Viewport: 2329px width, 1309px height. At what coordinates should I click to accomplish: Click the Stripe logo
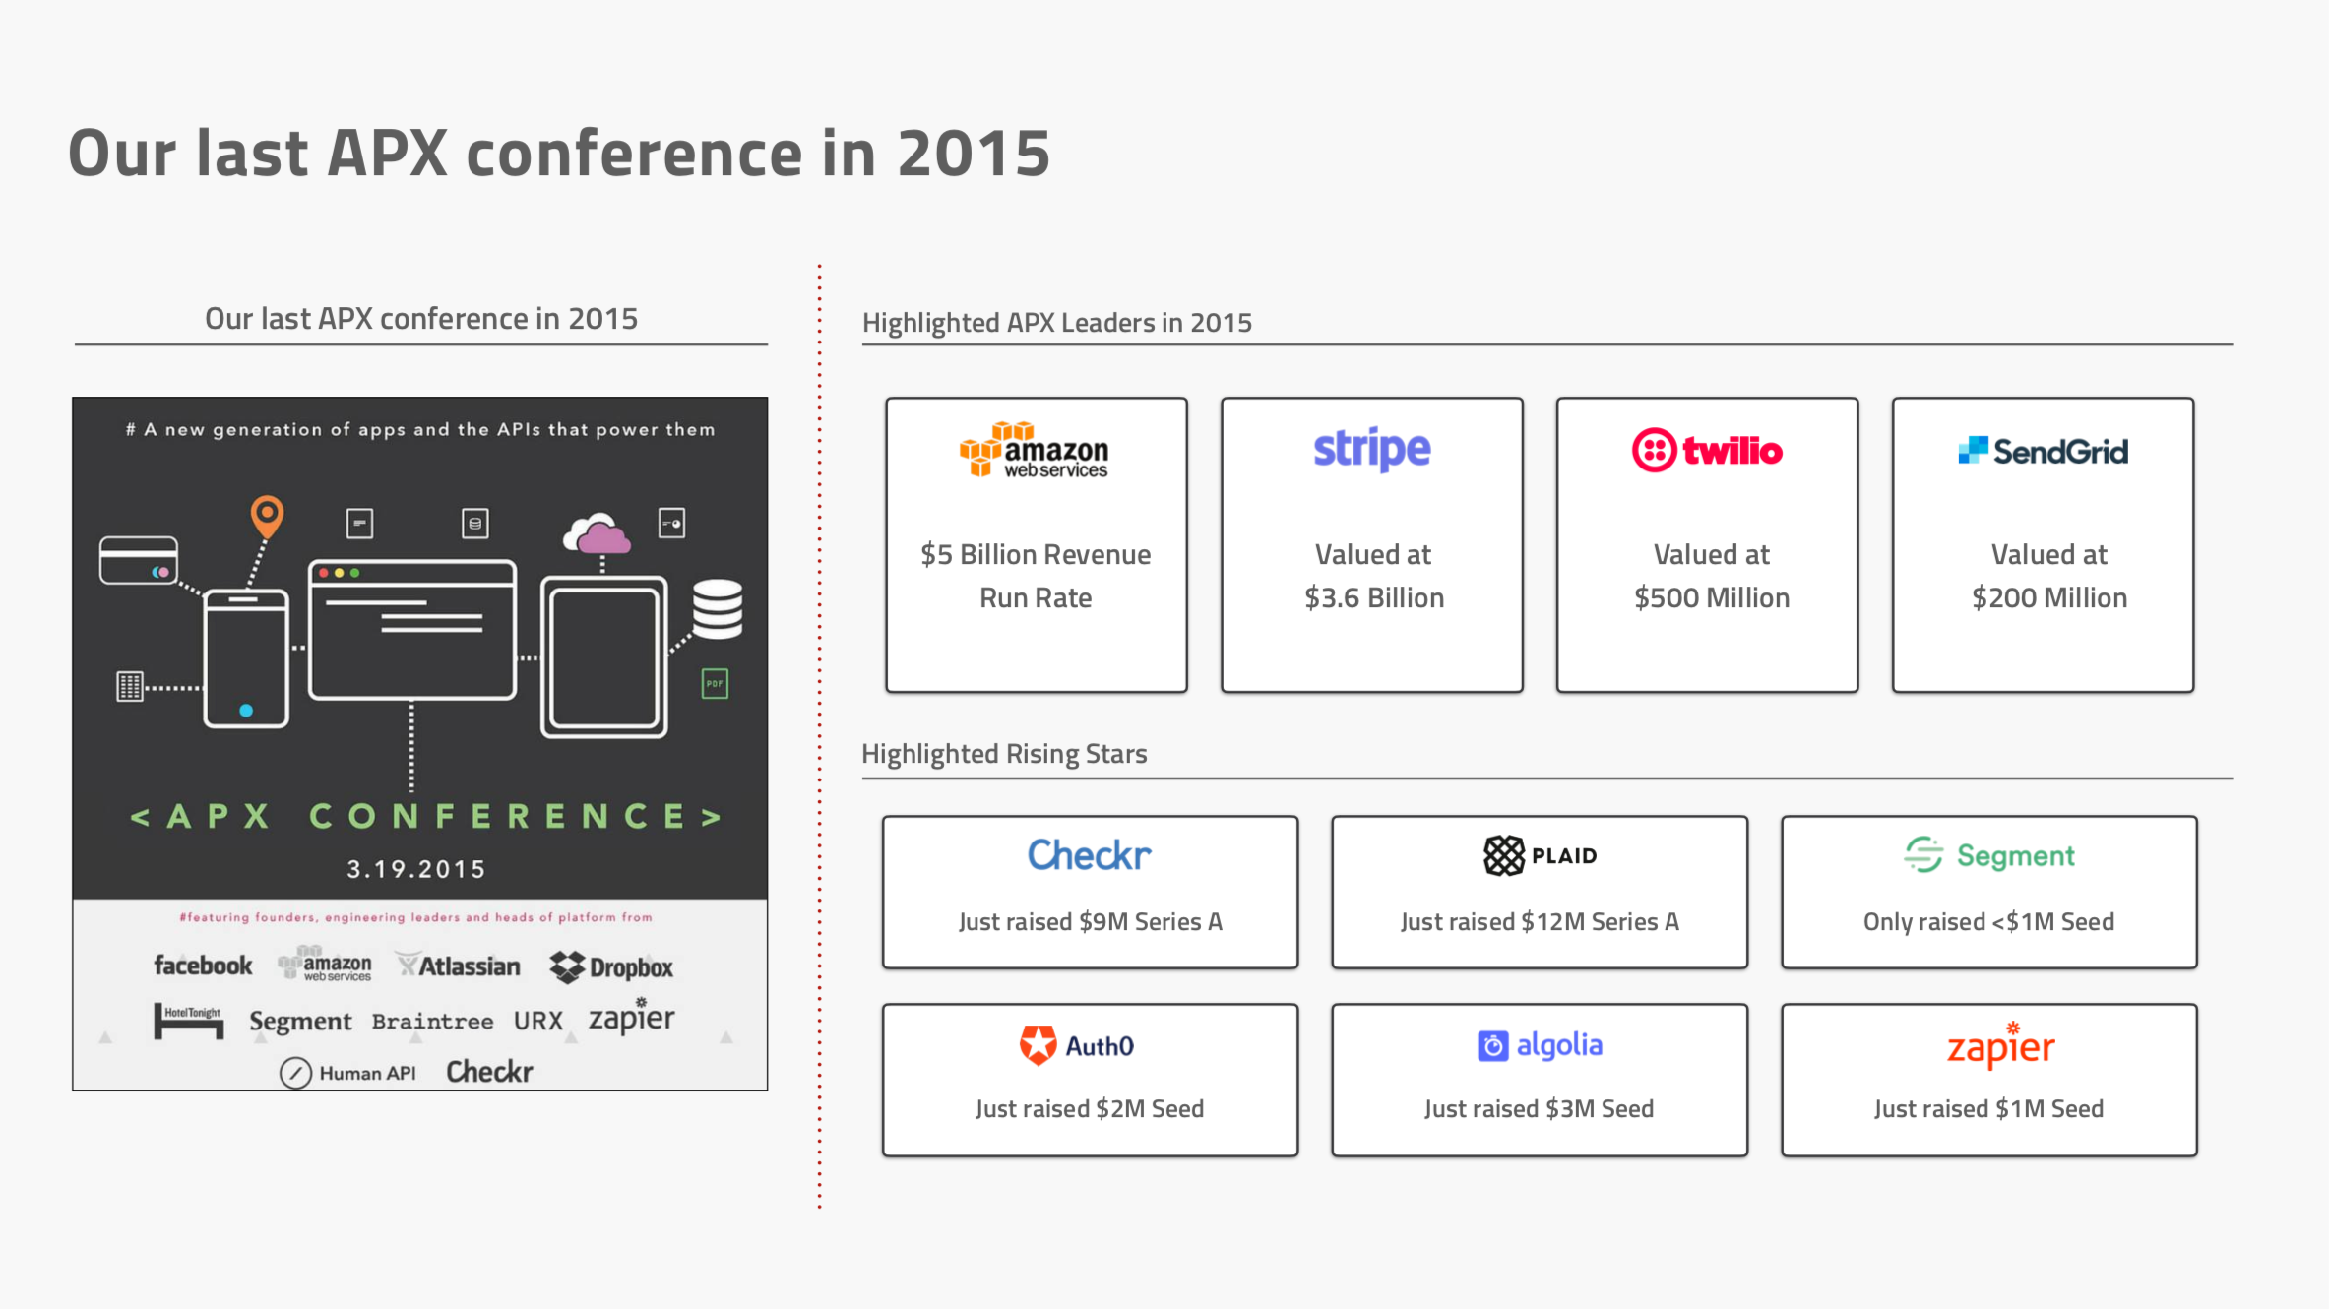coord(1371,450)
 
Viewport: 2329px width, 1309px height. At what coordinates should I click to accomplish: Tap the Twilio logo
coord(1707,451)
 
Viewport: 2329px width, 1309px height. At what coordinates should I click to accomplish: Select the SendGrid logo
coord(2043,451)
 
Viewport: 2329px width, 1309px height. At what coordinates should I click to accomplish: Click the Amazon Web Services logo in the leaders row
coord(1034,450)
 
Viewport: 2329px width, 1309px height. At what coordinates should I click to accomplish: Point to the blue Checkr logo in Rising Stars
coord(1089,855)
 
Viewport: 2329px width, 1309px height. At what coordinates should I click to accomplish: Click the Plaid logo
coord(1540,855)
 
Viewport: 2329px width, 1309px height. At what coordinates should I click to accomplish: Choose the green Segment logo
coord(1988,855)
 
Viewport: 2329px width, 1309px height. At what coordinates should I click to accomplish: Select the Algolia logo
coord(1540,1045)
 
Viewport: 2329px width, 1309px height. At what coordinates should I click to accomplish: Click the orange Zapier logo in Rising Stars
coord(2000,1045)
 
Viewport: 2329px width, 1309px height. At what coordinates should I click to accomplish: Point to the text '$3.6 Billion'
coord(1374,598)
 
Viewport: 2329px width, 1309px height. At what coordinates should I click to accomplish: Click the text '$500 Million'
coord(1712,598)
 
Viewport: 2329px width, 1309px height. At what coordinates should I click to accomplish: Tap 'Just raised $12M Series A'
coord(1540,922)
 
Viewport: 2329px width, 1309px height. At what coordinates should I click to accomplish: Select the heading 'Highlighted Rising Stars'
coord(1004,754)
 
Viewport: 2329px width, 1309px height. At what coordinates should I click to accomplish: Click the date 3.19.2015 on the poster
coord(416,869)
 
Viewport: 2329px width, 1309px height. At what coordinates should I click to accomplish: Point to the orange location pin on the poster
coord(267,517)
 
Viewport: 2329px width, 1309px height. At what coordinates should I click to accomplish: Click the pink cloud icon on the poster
coord(597,533)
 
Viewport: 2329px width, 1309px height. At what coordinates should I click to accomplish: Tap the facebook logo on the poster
coord(203,966)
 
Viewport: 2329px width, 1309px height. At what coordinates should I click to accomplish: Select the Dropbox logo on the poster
coord(611,967)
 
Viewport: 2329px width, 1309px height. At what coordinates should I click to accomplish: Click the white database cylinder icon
coord(718,609)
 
